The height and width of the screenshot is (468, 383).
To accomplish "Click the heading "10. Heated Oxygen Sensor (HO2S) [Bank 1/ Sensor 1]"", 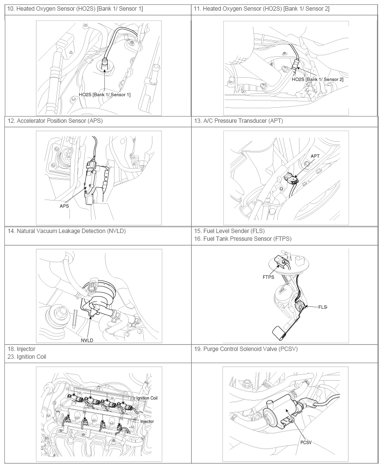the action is [x=75, y=9].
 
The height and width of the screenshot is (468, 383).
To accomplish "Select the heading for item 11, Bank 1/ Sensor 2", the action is [x=262, y=9].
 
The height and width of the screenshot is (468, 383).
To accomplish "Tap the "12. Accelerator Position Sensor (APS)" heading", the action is [x=55, y=120].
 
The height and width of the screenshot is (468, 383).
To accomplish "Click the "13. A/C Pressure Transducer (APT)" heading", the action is [x=238, y=120].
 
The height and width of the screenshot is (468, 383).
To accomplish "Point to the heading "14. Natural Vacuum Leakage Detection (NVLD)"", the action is [x=67, y=231].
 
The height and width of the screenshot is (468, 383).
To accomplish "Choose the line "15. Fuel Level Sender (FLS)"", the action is [x=229, y=231].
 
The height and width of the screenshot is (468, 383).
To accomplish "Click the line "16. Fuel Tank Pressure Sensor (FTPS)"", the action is [x=242, y=238].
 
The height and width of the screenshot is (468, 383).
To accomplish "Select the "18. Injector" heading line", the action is [x=21, y=349].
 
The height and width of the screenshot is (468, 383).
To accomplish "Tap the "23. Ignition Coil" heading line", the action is [x=27, y=356].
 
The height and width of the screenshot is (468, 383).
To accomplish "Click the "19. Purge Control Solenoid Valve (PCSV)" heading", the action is [x=246, y=349].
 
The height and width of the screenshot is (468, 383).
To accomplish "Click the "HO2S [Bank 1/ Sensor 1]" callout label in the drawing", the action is [x=104, y=95].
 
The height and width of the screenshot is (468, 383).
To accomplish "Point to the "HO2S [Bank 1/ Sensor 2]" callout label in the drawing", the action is [x=317, y=80].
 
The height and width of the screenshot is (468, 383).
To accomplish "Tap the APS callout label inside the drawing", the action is [x=64, y=206].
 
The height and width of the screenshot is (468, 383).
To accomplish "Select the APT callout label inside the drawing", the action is [x=315, y=156].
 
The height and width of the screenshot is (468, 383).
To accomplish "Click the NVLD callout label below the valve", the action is [x=87, y=340].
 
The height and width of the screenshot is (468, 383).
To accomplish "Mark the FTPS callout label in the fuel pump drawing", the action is [x=268, y=277].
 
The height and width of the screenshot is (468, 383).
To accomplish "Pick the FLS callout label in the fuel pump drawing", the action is [x=322, y=307].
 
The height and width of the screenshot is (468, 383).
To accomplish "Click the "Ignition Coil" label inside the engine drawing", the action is [x=147, y=398].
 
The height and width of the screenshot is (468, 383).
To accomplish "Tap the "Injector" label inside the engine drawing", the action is [x=147, y=421].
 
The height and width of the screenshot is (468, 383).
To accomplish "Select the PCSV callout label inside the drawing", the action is [x=306, y=442].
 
